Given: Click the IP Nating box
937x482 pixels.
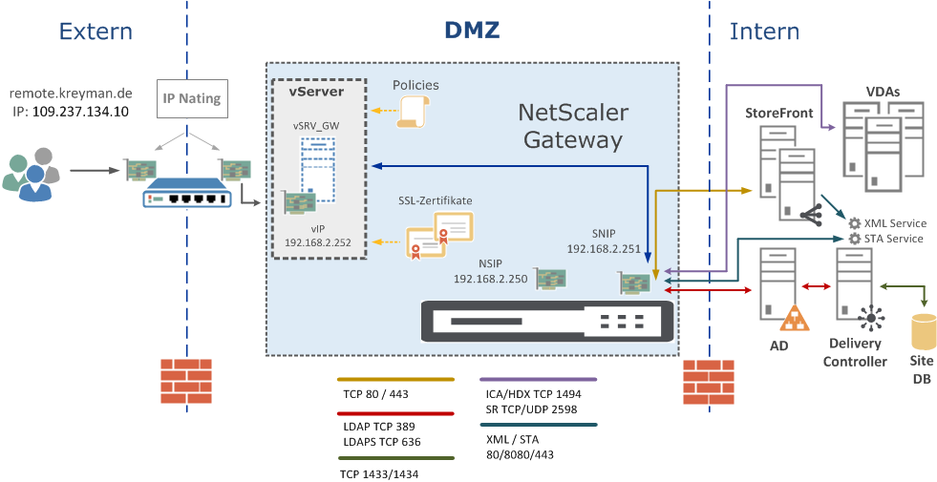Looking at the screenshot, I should [191, 98].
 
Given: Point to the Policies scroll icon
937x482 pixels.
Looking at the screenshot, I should [414, 113].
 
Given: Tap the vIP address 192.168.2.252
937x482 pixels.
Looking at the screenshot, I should [317, 242].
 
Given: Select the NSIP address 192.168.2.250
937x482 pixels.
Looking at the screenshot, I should [491, 280].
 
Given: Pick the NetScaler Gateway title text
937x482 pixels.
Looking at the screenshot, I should [573, 126].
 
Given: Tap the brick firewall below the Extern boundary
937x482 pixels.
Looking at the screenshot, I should [185, 381].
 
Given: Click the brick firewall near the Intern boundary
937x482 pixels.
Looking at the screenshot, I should [709, 381].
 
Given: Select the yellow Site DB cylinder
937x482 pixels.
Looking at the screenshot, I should [923, 332].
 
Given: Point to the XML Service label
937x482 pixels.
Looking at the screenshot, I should [894, 222].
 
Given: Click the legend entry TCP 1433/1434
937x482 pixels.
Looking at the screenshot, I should [378, 472].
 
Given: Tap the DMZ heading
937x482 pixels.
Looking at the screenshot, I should [472, 31].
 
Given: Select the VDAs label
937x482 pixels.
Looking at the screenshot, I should [883, 92].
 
